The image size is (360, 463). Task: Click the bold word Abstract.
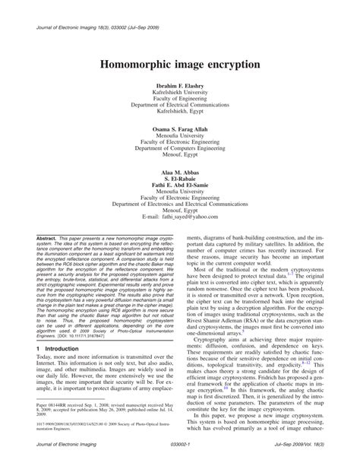pyautogui.click(x=45, y=238)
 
